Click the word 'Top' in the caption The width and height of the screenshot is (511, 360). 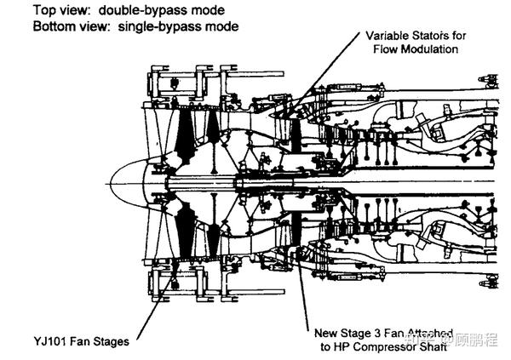click(45, 11)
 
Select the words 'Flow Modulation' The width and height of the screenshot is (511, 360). click(416, 49)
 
